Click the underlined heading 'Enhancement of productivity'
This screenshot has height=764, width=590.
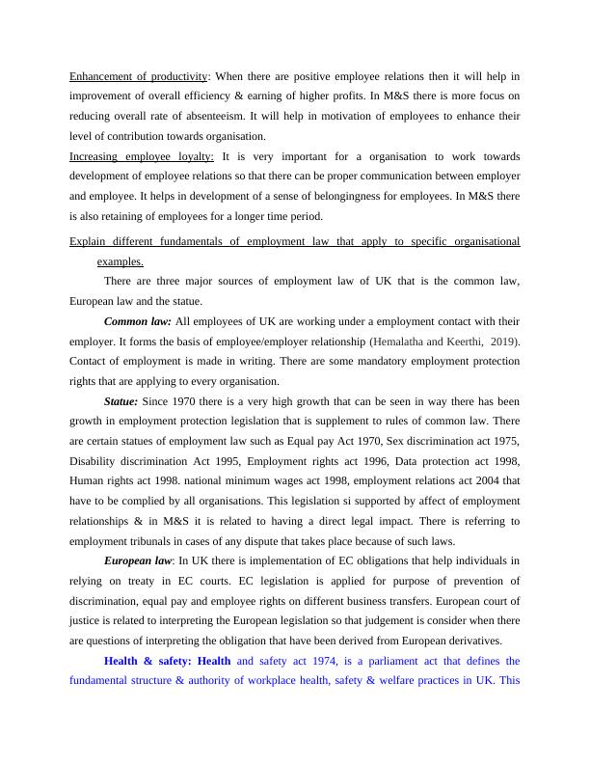[x=139, y=76]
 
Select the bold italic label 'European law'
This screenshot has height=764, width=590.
[x=138, y=559]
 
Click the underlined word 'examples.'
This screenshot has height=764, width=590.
[x=121, y=260]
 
